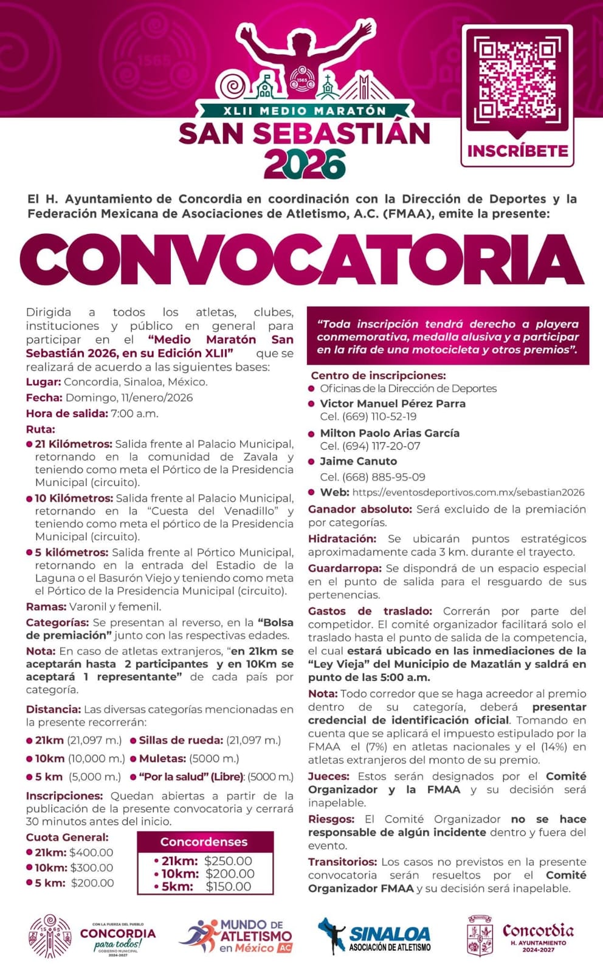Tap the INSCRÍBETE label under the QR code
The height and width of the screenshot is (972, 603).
click(518, 151)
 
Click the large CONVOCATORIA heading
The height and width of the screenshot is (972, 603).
click(302, 259)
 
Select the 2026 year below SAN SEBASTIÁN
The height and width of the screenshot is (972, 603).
click(305, 165)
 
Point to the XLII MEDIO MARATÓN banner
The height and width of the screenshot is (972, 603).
click(305, 111)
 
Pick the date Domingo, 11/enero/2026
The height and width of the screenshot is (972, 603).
click(129, 398)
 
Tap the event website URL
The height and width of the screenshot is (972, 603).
click(468, 493)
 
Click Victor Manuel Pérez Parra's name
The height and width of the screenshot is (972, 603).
click(393, 403)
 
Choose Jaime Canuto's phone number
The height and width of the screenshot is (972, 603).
click(373, 477)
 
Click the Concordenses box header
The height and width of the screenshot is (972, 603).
click(204, 842)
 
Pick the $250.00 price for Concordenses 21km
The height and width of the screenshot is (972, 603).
click(228, 861)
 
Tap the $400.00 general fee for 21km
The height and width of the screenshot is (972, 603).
click(91, 852)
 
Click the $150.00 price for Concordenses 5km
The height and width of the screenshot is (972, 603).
click(228, 886)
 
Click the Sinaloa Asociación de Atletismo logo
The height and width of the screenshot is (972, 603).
click(375, 936)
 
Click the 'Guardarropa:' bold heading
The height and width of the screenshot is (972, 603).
click(345, 568)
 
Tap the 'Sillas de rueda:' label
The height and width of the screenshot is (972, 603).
click(181, 740)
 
